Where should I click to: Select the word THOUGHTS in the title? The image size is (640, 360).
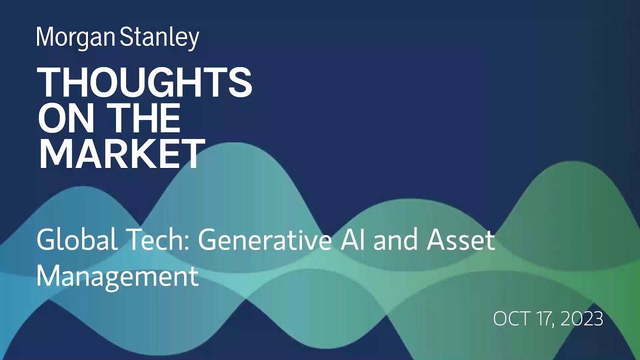coord(144,82)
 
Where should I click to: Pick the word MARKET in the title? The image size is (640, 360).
coord(121,153)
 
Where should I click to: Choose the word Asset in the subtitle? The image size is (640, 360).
coord(460,240)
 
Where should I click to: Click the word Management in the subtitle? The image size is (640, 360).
coord(117,276)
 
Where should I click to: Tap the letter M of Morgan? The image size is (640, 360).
coord(45,37)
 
